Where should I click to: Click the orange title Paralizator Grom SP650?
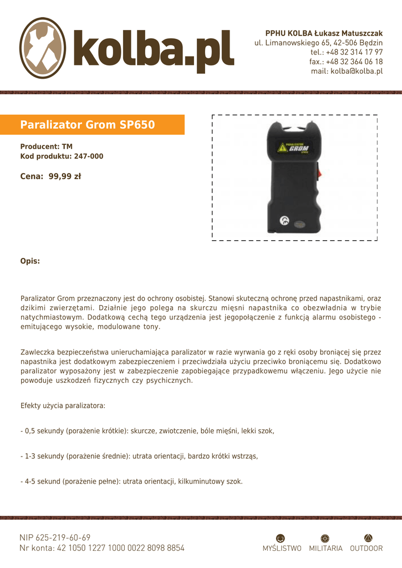coord(88,125)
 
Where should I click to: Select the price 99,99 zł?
coord(65,176)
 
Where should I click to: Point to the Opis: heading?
coord(30,261)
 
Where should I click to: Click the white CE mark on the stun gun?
coord(284,221)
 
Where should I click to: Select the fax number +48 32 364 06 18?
coord(354,62)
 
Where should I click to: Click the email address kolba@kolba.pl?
coord(357,71)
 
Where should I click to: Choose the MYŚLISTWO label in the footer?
coord(282,548)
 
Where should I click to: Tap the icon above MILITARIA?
coord(325,537)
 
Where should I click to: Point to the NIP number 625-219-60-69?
coord(63,537)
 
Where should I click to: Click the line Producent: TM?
coord(47,147)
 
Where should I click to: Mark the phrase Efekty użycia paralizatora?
coord(63,406)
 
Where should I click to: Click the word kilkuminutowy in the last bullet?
coord(200,481)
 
